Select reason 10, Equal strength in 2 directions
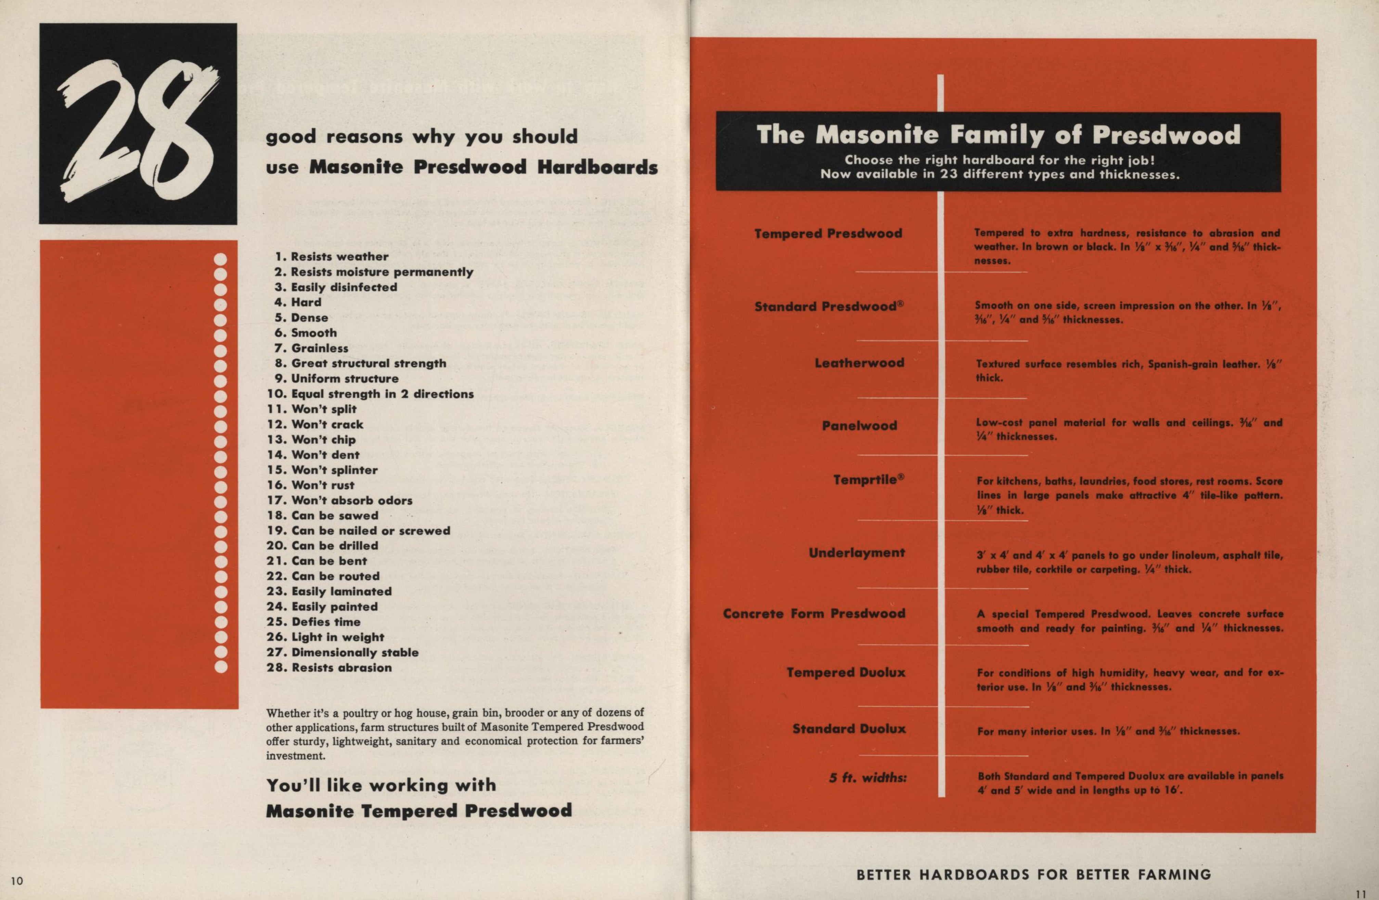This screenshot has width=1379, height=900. (370, 394)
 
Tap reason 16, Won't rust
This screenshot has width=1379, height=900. (311, 485)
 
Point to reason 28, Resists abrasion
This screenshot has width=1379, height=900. (329, 668)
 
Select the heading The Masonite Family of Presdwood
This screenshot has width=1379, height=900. (998, 135)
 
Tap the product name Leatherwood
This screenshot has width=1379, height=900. (859, 363)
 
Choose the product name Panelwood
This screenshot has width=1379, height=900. (859, 426)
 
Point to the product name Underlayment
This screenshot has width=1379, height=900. (856, 553)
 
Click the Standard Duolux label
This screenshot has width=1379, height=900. (849, 729)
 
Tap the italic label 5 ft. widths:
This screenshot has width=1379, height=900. (867, 778)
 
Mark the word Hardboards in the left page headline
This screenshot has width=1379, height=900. (597, 167)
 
